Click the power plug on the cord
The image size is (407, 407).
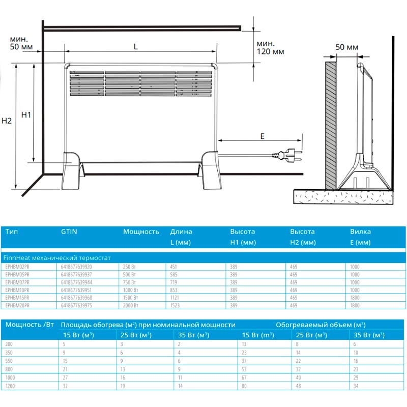tap(290, 154)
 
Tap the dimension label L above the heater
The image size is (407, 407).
tap(135, 46)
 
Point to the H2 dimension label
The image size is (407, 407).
tap(7, 121)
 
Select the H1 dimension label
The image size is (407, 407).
tap(26, 115)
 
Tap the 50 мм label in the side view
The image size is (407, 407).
tap(346, 47)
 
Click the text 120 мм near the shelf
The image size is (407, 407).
tap(270, 51)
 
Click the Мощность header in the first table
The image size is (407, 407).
tap(141, 231)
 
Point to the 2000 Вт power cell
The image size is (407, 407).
tap(131, 305)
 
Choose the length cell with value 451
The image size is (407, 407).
tap(175, 266)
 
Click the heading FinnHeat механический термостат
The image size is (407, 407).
tap(56, 257)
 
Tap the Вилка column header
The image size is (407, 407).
tap(360, 231)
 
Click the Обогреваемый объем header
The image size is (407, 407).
tap(321, 324)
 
